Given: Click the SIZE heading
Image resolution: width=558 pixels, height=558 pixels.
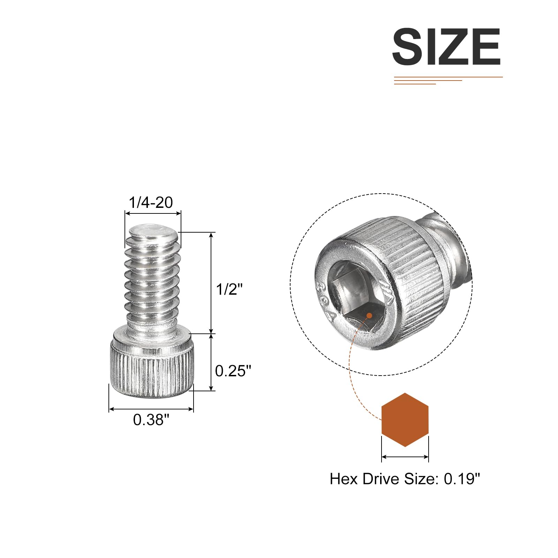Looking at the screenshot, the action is [446, 47].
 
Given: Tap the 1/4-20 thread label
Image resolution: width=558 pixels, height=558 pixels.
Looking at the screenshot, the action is [151, 203].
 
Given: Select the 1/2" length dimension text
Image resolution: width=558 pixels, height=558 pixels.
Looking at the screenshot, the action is [229, 289].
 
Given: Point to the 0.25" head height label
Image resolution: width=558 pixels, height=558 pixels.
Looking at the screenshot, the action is [233, 371].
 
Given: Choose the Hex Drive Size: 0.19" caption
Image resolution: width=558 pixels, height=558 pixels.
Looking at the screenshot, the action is [405, 479].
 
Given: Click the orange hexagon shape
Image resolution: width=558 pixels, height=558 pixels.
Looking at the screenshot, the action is [405, 420].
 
